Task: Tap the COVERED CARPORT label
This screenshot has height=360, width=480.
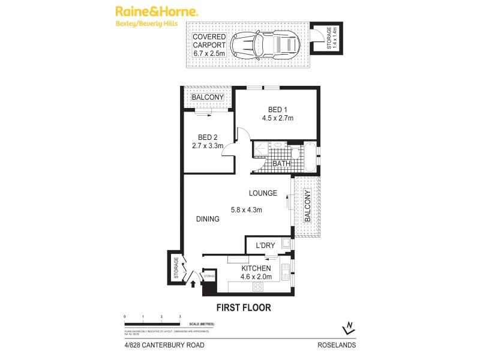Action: point(209,45)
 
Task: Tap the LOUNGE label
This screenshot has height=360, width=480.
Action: point(263,193)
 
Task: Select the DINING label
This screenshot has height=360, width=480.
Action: point(207,220)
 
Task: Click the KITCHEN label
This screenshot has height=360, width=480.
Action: point(256,269)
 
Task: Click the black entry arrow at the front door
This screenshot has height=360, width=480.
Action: point(193,284)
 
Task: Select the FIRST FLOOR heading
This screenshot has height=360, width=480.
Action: point(243,308)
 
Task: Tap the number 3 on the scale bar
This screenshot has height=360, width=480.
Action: point(180,316)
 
